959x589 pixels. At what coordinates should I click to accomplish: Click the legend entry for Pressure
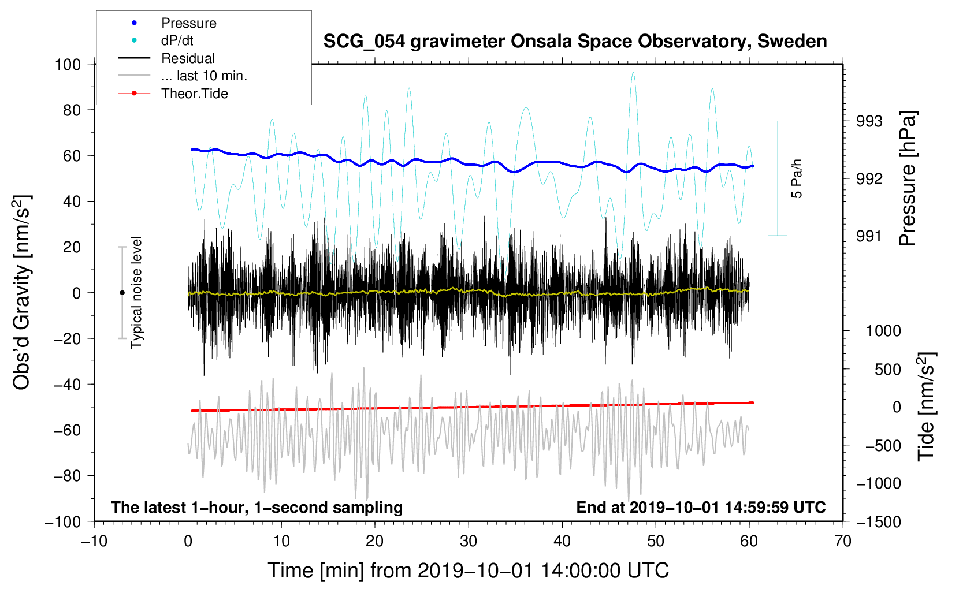167,23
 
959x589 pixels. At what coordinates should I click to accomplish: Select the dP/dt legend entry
155,40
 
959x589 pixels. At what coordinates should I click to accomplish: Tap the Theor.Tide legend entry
173,94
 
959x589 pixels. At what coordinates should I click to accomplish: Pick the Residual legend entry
166,58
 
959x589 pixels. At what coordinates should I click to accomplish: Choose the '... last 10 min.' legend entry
183,76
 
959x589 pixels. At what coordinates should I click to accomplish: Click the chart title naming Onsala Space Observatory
575,42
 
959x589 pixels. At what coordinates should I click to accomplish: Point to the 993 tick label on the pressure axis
869,122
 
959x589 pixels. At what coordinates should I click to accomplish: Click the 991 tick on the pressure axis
869,236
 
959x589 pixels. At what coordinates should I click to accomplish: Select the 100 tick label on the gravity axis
68,65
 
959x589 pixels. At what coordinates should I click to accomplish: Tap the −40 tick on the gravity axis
67,385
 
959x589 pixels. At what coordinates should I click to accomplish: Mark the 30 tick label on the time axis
469,542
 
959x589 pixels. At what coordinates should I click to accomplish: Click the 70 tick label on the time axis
842,542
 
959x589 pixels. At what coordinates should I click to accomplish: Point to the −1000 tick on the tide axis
879,484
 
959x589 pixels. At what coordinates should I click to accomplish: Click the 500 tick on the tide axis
887,370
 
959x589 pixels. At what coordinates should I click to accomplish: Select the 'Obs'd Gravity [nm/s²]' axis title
21,292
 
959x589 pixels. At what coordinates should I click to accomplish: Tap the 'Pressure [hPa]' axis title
908,178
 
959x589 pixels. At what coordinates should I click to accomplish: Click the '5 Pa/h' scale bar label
796,178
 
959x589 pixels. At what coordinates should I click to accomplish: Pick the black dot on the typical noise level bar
122,293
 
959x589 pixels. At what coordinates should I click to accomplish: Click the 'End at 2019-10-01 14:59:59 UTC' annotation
701,507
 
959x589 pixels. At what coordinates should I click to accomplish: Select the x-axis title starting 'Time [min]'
469,571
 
